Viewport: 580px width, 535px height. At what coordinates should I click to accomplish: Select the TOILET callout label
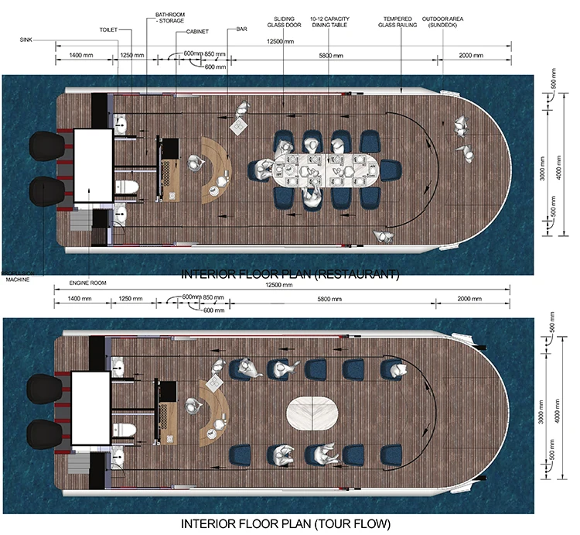point(107,29)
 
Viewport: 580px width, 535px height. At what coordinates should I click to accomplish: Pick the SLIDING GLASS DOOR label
point(285,20)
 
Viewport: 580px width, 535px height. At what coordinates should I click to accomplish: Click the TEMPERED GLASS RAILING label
point(400,20)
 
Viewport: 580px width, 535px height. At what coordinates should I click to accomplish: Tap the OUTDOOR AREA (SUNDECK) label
point(444,20)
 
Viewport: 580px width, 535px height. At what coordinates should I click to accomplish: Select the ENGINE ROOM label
point(86,283)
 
